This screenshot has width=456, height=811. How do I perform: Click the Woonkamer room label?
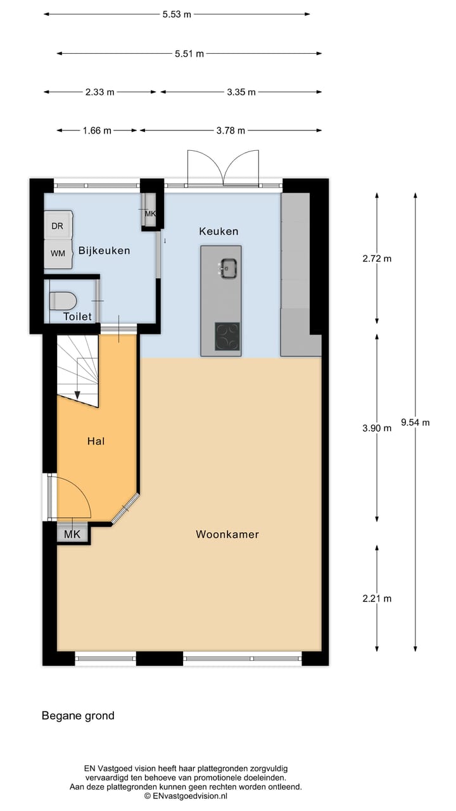point(227,534)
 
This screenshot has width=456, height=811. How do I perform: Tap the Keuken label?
point(218,231)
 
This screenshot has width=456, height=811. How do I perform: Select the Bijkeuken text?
point(104,250)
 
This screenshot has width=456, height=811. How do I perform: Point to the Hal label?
point(96,441)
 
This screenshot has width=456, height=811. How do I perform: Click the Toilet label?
point(77,316)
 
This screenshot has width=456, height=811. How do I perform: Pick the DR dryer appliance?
point(58,226)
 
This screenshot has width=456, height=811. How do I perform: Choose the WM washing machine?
point(58,253)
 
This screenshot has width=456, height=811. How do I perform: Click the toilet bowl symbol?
point(62,300)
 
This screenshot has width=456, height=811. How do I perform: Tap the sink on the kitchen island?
point(228,269)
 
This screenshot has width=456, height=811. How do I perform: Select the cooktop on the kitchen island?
point(227,336)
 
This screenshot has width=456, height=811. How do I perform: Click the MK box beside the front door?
point(72,534)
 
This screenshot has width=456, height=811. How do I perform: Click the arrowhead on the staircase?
point(77,395)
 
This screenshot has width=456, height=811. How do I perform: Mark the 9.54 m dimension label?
point(415,422)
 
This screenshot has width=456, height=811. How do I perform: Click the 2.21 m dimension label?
point(377,598)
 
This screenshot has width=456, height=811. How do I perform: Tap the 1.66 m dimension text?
point(97,131)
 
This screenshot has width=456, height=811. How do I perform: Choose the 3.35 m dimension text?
point(241,92)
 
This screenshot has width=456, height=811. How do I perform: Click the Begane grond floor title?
point(78,716)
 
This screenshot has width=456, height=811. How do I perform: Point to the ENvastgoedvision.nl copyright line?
point(186,796)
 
